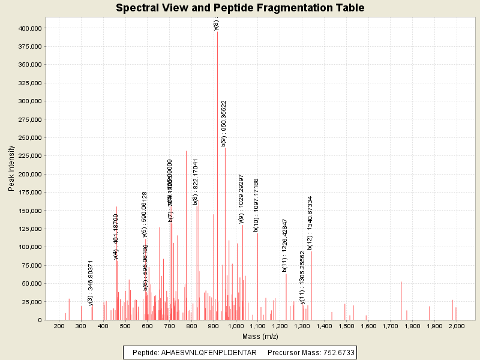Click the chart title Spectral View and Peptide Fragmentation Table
point(240,8)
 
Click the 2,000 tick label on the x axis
point(456,326)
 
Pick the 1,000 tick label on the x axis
point(236,326)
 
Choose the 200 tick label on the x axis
point(59,326)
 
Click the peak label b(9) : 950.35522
point(224,124)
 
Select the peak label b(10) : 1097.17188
point(256,205)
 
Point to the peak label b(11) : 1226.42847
point(285,245)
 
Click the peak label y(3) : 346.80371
point(91,283)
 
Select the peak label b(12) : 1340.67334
point(310,223)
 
